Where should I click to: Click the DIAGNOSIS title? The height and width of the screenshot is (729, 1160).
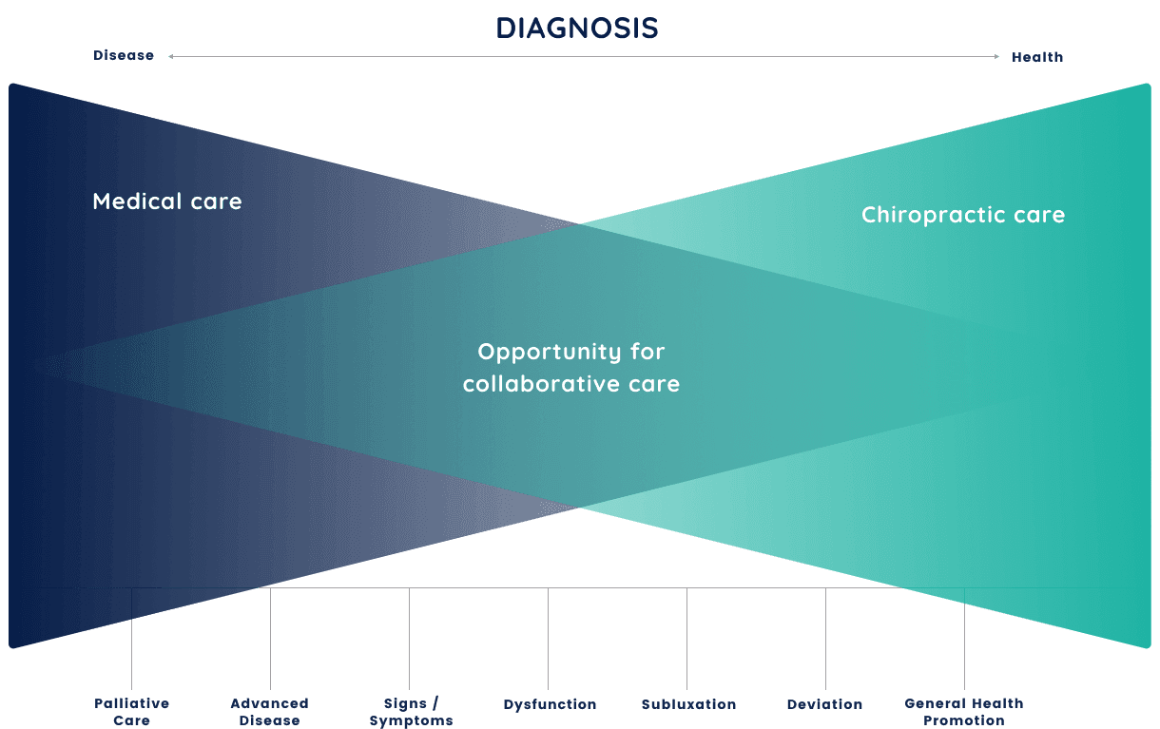point(577,28)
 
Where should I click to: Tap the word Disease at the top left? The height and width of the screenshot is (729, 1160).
point(124,55)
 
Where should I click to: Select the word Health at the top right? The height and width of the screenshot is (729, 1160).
point(1037,57)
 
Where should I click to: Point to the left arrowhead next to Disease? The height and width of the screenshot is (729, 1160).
point(171,56)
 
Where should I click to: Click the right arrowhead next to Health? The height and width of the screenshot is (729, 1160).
point(996,56)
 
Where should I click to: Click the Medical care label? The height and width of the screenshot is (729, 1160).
point(167,201)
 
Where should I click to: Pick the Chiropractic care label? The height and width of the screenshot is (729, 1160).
point(963,215)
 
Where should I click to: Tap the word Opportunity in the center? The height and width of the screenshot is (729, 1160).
point(550,352)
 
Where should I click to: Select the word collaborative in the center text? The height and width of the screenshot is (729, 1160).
point(541,384)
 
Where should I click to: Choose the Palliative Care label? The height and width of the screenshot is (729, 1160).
point(131,712)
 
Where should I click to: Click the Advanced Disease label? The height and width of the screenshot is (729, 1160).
point(270,712)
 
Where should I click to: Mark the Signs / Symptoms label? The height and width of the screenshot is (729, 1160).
point(411,712)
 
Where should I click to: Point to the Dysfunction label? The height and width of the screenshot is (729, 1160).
point(550,704)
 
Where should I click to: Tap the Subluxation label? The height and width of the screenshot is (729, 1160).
point(688,704)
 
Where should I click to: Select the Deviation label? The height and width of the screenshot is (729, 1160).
point(825,704)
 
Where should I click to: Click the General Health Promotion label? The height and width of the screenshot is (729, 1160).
point(964,712)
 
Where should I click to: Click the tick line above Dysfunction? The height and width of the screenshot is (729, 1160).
point(548,639)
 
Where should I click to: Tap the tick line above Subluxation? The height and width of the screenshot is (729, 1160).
point(686,639)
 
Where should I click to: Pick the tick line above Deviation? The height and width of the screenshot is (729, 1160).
point(825,639)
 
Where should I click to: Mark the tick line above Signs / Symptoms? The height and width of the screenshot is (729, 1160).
point(409,639)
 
